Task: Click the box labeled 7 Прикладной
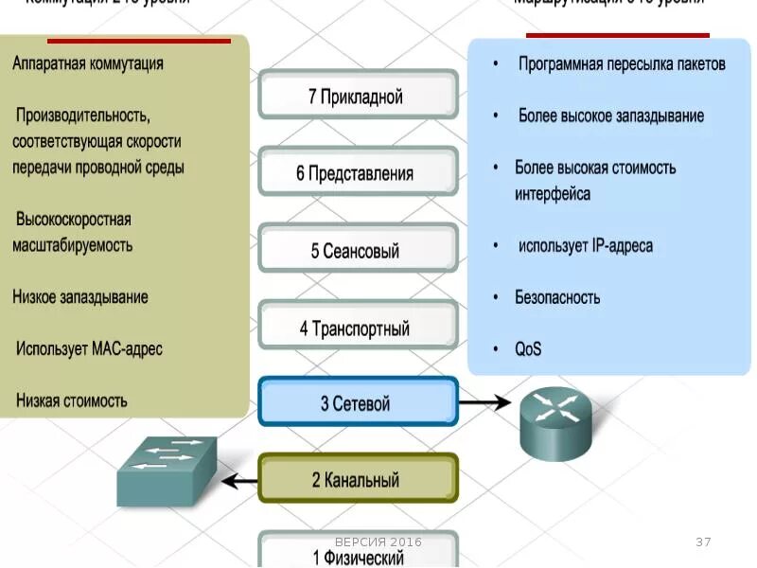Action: (x=358, y=97)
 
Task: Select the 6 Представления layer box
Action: (x=358, y=173)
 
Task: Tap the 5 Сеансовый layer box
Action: (x=358, y=251)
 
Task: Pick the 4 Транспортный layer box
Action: (x=358, y=328)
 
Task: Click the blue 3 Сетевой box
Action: (x=358, y=403)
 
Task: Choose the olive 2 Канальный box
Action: (x=358, y=480)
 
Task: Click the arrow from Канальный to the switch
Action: (x=240, y=481)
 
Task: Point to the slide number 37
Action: (x=703, y=542)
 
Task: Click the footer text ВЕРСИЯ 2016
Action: (x=378, y=541)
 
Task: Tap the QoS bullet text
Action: (x=528, y=349)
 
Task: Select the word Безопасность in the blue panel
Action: (x=557, y=297)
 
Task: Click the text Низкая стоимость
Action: (x=71, y=400)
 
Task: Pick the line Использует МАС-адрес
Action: (x=89, y=348)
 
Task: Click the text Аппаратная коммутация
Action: (x=88, y=63)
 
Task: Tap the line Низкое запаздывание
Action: (x=80, y=297)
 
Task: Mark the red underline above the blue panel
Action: (x=617, y=35)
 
